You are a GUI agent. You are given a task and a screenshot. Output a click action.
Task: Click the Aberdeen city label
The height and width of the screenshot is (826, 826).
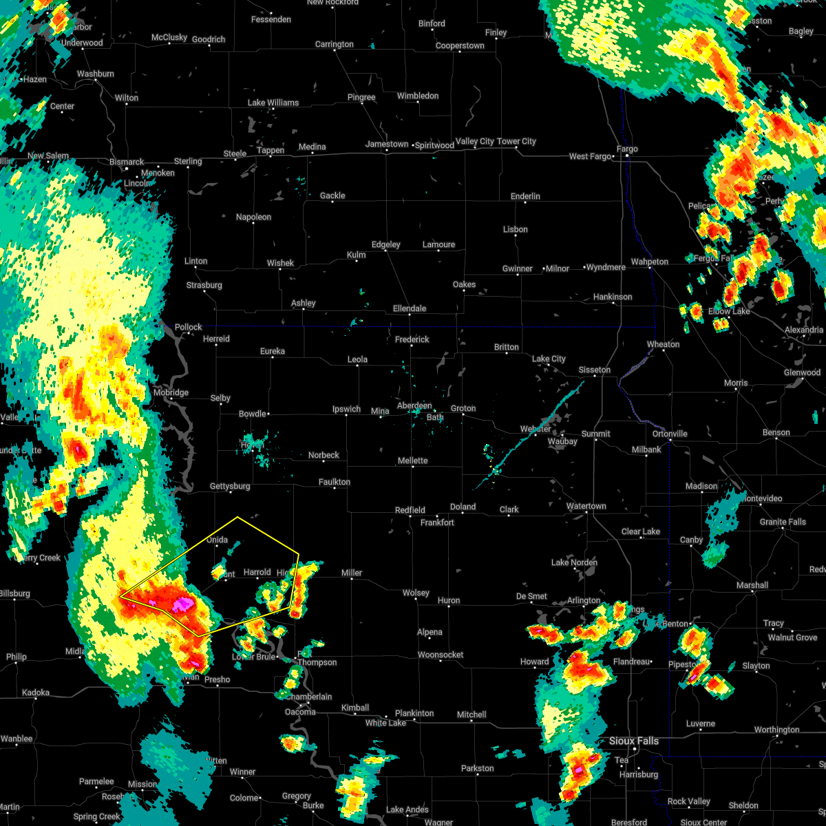414,406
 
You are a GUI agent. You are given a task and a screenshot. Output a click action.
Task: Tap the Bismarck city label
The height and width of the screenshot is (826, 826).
127,162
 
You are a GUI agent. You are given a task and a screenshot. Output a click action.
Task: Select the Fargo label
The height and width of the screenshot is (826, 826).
627,149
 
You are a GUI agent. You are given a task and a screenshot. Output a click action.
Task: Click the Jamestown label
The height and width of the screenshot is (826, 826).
387,144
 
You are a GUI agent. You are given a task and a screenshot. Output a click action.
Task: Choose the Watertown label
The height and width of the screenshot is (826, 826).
586,506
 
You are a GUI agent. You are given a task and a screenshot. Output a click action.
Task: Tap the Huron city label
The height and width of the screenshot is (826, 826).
449,600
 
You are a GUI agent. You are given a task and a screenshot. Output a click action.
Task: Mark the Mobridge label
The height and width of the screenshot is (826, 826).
171,392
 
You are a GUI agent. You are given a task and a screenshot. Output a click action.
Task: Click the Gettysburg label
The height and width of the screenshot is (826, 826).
230,486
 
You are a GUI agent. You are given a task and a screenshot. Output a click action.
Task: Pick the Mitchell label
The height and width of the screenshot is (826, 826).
472,714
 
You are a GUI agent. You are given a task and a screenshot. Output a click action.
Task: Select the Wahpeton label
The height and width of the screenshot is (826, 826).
649,262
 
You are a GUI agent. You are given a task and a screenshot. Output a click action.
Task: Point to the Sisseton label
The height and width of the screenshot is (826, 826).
594,370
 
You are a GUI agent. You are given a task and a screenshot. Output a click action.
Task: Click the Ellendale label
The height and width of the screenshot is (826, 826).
410,308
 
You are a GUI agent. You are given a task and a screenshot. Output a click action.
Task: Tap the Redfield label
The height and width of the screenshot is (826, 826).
410,510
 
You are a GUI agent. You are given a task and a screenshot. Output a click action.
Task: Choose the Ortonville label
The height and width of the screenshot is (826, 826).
670,434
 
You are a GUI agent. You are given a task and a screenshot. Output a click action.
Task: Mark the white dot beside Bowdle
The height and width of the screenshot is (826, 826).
268,414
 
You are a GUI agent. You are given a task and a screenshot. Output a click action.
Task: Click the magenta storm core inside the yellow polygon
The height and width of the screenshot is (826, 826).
182,604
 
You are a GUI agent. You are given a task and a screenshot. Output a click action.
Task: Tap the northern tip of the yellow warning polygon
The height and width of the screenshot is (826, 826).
237,517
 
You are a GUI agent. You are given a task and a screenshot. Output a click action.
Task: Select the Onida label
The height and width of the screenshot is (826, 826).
217,540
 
